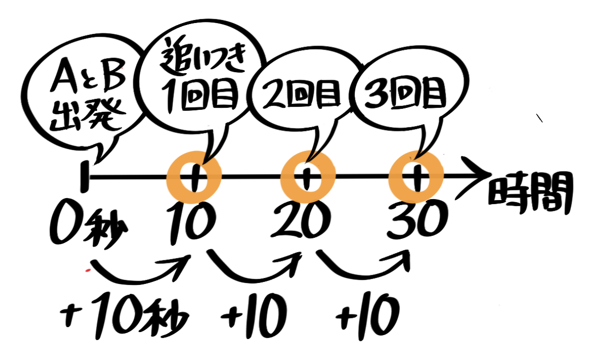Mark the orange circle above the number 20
[x=308, y=177]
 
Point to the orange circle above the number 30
[x=416, y=177]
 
